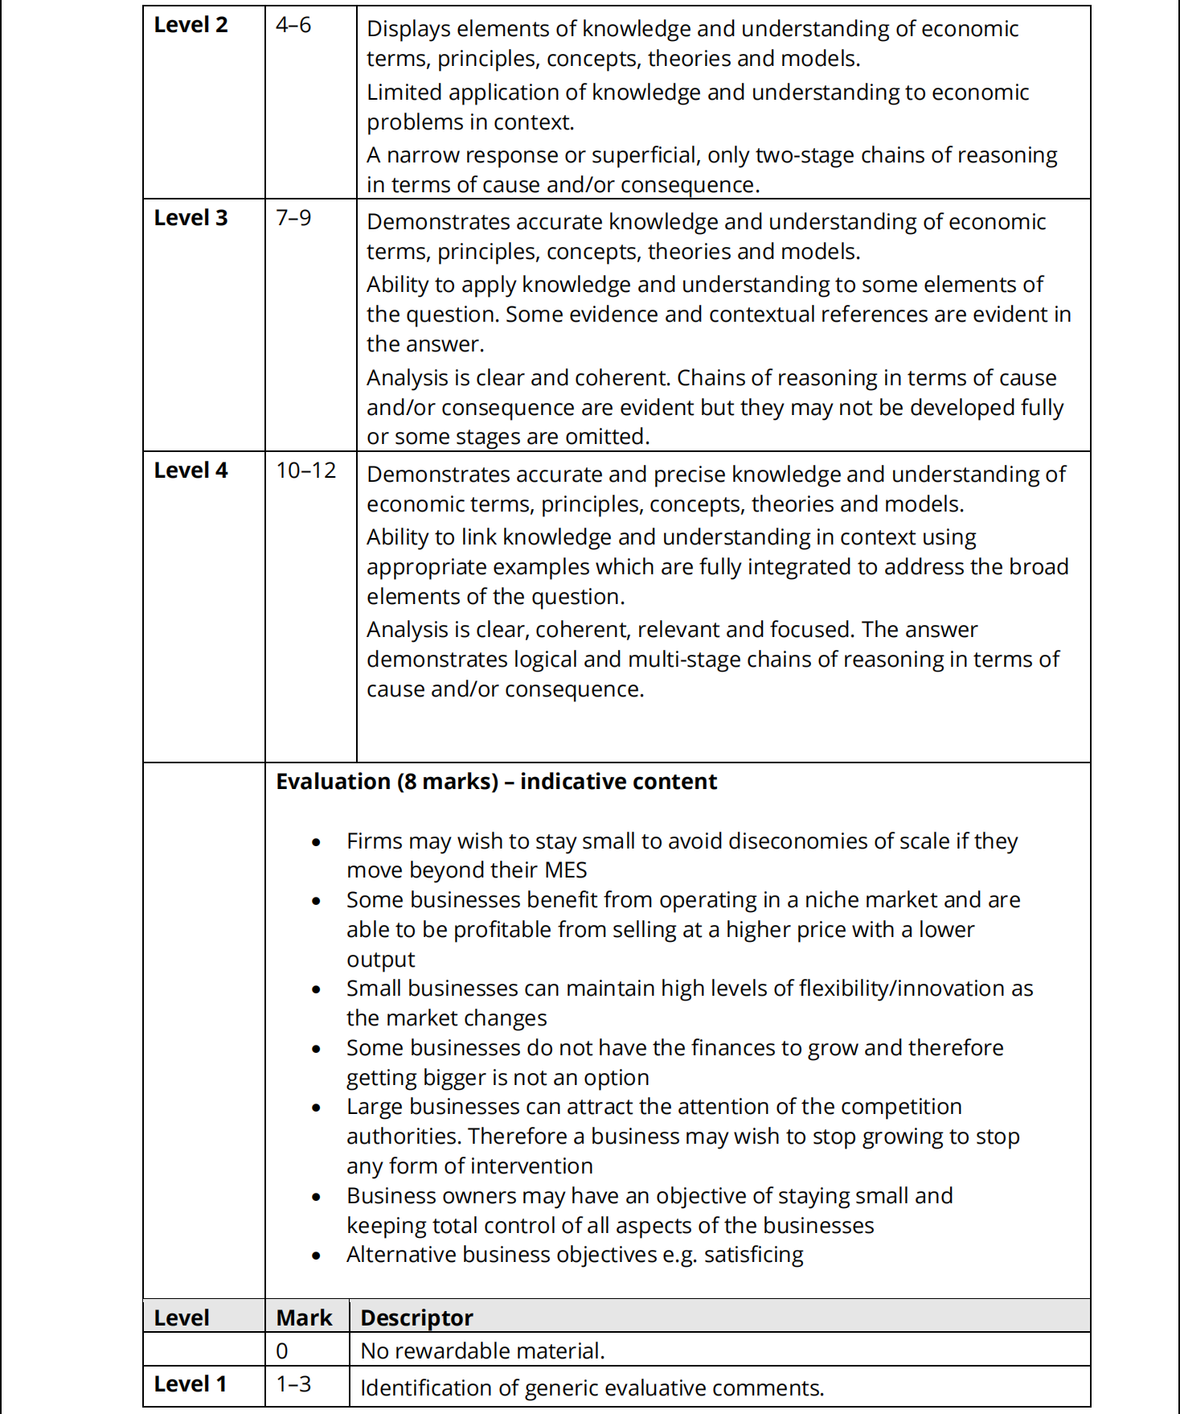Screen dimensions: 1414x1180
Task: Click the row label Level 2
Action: (191, 25)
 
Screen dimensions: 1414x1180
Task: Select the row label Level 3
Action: (191, 218)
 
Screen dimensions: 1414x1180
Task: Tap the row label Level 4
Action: (191, 471)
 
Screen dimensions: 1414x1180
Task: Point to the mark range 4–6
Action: (293, 25)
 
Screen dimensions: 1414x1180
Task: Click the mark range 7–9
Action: (293, 218)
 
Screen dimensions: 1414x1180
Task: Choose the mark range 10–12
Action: (305, 471)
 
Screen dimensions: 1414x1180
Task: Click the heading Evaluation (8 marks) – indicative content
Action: (496, 782)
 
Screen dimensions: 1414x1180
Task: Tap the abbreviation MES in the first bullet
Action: (566, 870)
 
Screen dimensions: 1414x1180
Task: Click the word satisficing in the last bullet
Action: (753, 1255)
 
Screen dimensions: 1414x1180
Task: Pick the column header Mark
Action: (304, 1317)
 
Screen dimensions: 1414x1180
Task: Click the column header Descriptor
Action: (416, 1317)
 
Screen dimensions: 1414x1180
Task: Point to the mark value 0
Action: (282, 1351)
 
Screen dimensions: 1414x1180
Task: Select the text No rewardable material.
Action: (482, 1351)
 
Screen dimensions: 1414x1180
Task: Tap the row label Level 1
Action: (190, 1384)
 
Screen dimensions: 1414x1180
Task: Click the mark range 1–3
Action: (293, 1384)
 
